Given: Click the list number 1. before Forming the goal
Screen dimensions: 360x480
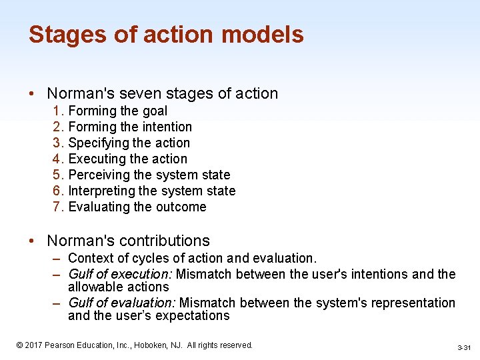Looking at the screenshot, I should pyautogui.click(x=58, y=111).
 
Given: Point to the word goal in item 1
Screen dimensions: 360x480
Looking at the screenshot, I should pyautogui.click(x=155, y=111).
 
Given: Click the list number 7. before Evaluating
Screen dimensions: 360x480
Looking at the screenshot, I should pyautogui.click(x=58, y=207).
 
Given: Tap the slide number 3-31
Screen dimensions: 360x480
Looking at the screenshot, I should pyautogui.click(x=464, y=348).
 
